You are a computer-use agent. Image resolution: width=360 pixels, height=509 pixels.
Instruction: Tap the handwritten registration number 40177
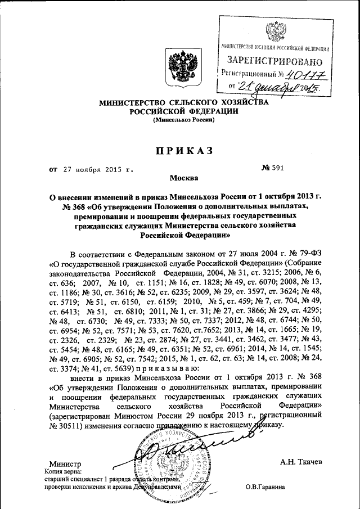pos(307,73)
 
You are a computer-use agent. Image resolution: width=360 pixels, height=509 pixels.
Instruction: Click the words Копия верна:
pos(62,471)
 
